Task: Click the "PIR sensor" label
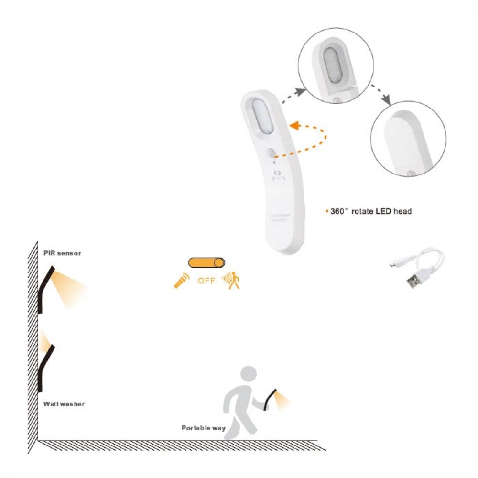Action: (x=62, y=253)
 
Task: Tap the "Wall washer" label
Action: (x=64, y=404)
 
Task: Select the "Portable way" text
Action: (x=203, y=428)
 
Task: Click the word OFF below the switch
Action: (x=206, y=281)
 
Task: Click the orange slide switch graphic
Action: (x=206, y=262)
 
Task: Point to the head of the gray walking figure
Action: (x=249, y=374)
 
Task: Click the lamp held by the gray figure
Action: (x=271, y=398)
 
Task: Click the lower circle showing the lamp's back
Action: (x=408, y=139)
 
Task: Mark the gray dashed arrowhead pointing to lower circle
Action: (x=386, y=100)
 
